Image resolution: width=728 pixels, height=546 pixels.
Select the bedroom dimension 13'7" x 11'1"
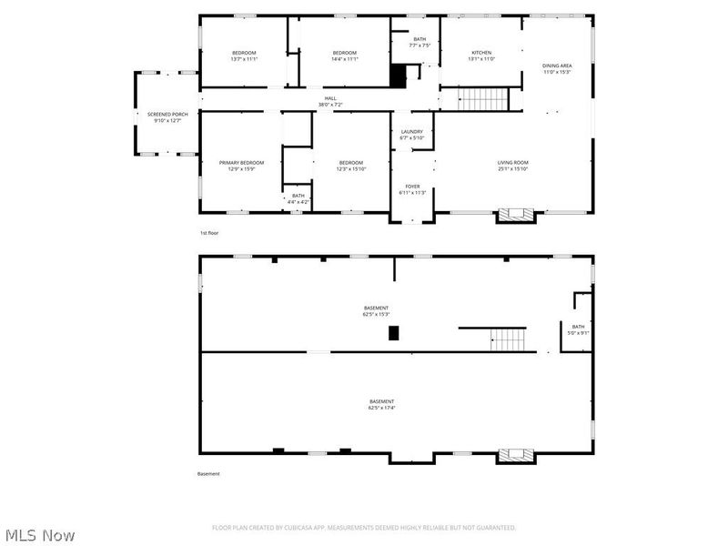point(244,59)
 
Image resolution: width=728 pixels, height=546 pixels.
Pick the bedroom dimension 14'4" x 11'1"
point(344,59)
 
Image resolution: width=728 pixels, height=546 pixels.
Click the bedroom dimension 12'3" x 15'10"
point(350,169)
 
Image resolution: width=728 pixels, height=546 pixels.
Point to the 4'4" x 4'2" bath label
point(298,201)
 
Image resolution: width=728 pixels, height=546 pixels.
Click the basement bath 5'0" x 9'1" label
point(579,333)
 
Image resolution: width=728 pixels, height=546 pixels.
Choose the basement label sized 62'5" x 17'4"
point(381,408)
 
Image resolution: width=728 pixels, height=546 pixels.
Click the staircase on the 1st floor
point(480,98)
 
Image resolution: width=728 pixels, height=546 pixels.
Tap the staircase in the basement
point(508,339)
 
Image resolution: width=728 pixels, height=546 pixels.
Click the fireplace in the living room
point(516,216)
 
